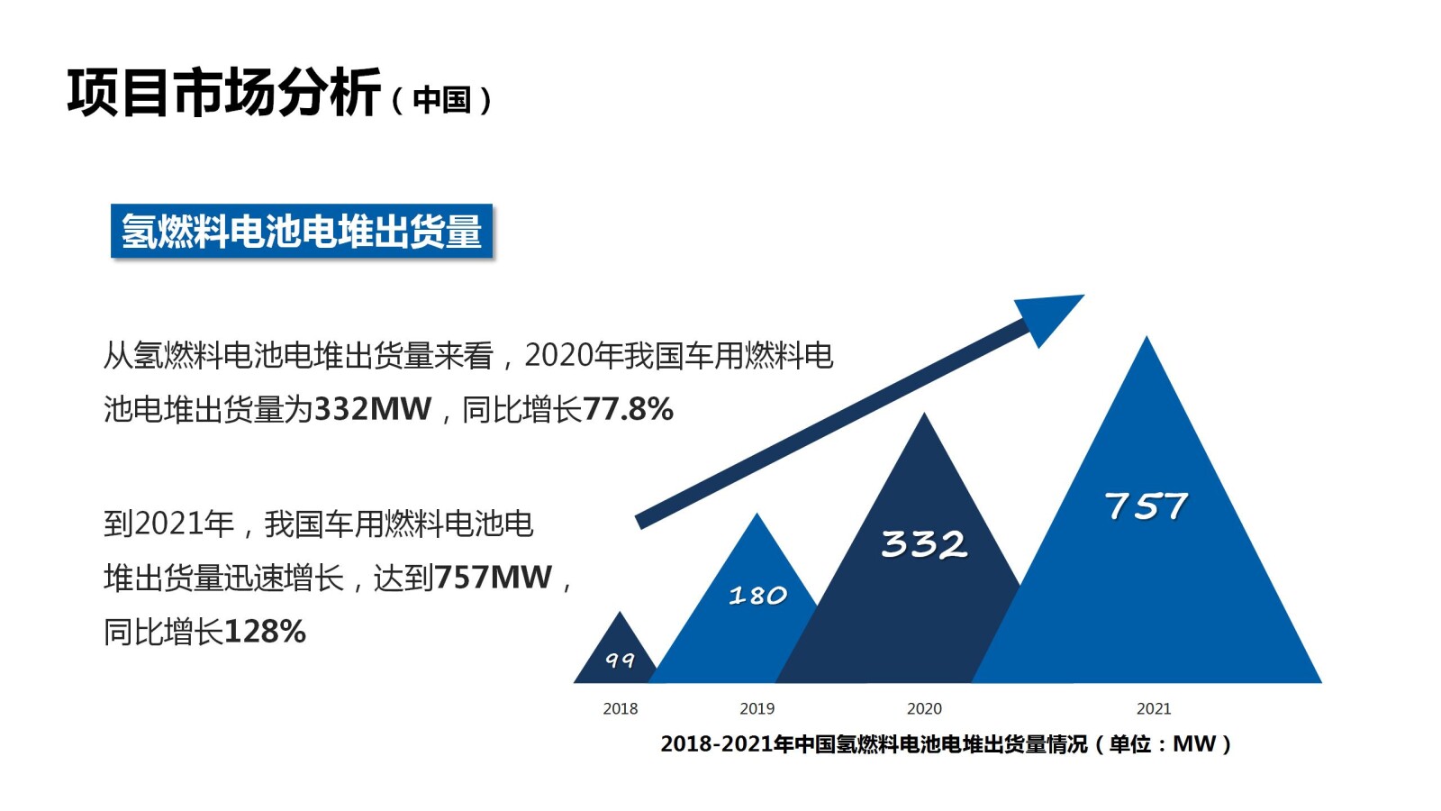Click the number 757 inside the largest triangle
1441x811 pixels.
(1146, 506)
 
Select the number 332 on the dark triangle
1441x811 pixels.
(924, 544)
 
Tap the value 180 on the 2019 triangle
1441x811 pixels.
(757, 596)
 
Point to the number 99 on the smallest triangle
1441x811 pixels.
(620, 661)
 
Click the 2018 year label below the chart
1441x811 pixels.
(620, 709)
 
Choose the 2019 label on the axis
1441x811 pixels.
(757, 709)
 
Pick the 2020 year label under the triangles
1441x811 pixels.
(924, 709)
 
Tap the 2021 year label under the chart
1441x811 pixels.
(1154, 709)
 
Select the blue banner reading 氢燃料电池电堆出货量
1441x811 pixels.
(302, 232)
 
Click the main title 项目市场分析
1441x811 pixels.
(223, 93)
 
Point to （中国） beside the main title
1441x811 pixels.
(442, 99)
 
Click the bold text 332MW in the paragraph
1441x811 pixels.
(372, 409)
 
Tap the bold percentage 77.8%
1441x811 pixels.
(628, 409)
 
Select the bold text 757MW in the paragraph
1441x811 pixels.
(493, 577)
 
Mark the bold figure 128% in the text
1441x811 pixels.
(264, 632)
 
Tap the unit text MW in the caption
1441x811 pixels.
(1194, 744)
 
